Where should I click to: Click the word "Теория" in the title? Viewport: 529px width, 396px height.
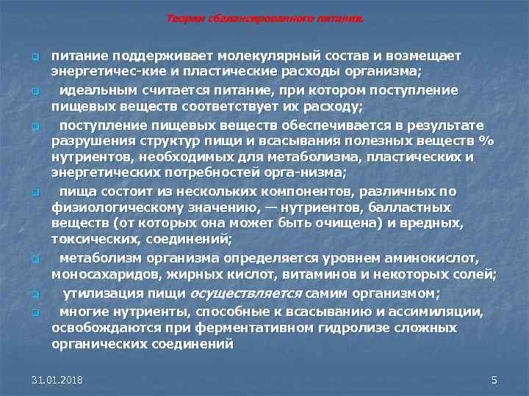pos(181,18)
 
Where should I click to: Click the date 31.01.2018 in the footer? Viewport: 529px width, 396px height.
pos(58,380)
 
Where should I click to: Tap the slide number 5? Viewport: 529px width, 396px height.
pos(494,380)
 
